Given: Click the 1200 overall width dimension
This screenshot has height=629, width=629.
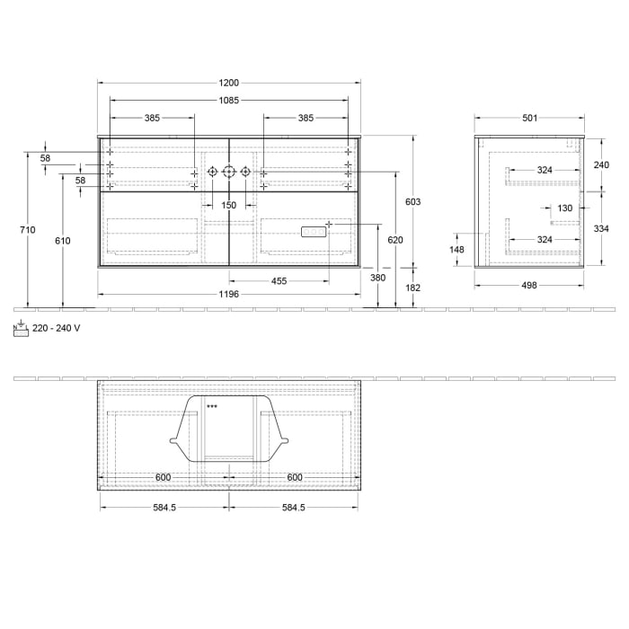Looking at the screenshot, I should click(229, 83).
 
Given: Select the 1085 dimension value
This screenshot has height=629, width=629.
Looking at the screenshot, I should click(229, 101).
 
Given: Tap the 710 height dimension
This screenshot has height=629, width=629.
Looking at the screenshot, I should click(28, 230).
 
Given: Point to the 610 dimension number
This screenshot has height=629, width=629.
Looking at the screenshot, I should click(62, 241).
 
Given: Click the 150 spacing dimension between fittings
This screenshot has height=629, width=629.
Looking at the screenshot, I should click(229, 206).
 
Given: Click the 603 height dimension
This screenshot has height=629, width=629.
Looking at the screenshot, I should click(412, 202).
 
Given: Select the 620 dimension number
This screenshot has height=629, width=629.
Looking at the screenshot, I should click(395, 240).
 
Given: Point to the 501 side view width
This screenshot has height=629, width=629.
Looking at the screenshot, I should click(529, 118).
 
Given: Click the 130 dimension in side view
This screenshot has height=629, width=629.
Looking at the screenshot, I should click(564, 208).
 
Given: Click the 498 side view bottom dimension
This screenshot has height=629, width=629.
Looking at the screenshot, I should click(529, 285).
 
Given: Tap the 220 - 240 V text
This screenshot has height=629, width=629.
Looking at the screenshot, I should click(57, 329).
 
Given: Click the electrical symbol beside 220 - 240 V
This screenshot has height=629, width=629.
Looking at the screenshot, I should click(21, 328).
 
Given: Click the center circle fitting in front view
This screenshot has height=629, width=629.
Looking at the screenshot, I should click(229, 171).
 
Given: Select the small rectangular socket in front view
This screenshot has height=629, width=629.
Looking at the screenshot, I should click(312, 232).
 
